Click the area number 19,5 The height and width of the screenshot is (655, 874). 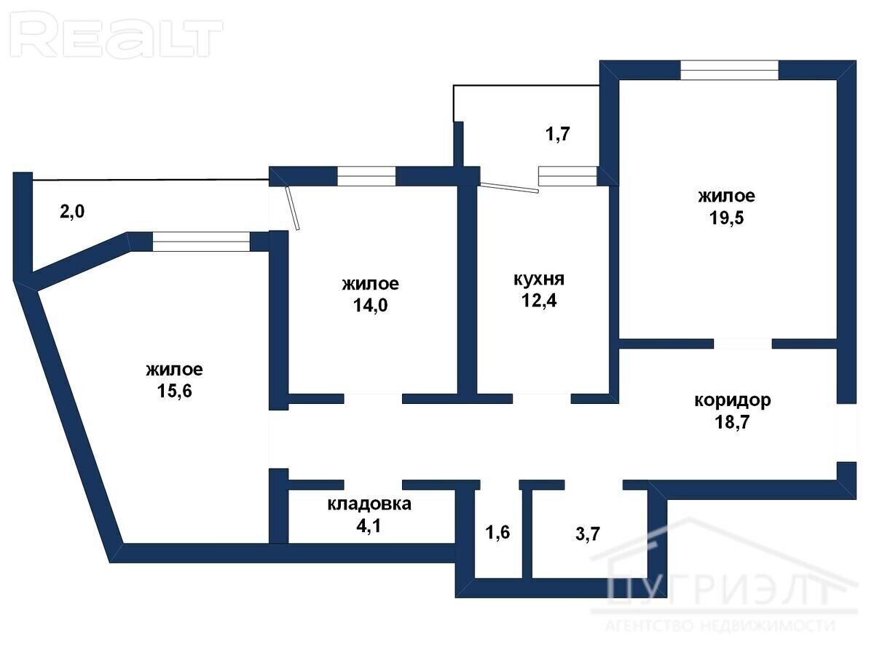click(726, 218)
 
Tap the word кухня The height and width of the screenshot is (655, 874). click(539, 279)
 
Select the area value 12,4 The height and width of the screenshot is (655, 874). click(539, 301)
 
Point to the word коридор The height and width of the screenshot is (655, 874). click(733, 401)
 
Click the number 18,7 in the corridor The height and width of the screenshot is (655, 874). click(732, 422)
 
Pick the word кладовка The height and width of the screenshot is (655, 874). click(369, 504)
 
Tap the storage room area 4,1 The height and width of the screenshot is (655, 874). click(369, 525)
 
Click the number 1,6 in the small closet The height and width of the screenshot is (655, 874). click(497, 532)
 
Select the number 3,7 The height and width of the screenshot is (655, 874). click(588, 533)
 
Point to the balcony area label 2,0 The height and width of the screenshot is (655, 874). click(72, 211)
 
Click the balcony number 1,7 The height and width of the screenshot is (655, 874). click(557, 134)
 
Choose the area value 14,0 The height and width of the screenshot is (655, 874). click(370, 306)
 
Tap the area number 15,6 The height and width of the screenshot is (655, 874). click(174, 391)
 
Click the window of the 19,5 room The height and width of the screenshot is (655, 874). click(729, 70)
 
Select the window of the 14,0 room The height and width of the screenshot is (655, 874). click(366, 176)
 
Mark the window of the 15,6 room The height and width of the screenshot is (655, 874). click(201, 242)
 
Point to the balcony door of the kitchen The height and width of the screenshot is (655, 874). click(510, 187)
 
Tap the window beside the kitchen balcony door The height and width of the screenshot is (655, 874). click(568, 176)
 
